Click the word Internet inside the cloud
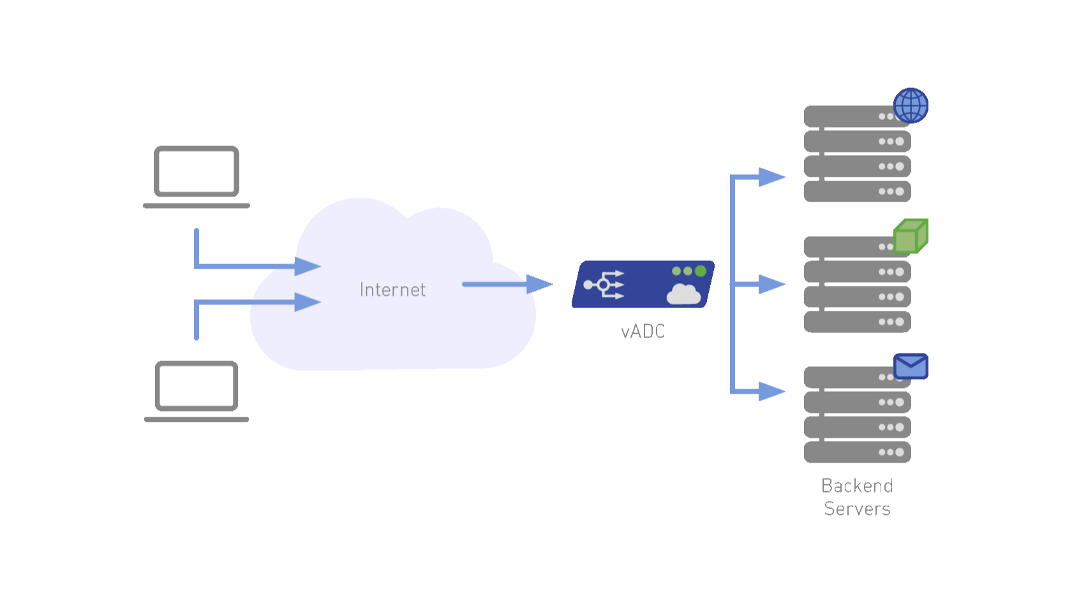(x=392, y=290)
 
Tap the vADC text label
(x=643, y=331)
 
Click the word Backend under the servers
(x=857, y=486)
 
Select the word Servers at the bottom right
(x=857, y=509)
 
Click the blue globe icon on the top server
(x=911, y=106)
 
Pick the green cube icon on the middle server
(x=911, y=236)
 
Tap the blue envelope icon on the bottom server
(x=911, y=366)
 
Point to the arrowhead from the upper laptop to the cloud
(x=308, y=266)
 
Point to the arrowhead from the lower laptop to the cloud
(x=308, y=302)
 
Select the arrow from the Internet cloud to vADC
(x=507, y=284)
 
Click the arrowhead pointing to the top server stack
(x=771, y=177)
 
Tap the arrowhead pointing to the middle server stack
(x=771, y=284)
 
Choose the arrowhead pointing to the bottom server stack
(x=771, y=391)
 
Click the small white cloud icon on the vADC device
(x=683, y=295)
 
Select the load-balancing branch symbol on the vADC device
(x=604, y=285)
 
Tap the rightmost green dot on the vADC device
(x=701, y=271)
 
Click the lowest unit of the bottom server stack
(x=857, y=452)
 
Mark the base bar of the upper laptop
(x=197, y=205)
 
